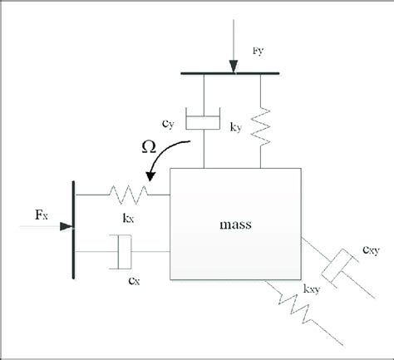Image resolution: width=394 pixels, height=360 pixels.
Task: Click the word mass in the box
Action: [x=234, y=225]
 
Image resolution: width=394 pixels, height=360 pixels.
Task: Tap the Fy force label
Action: [x=258, y=51]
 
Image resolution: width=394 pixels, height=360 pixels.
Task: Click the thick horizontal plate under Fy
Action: [x=235, y=73]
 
